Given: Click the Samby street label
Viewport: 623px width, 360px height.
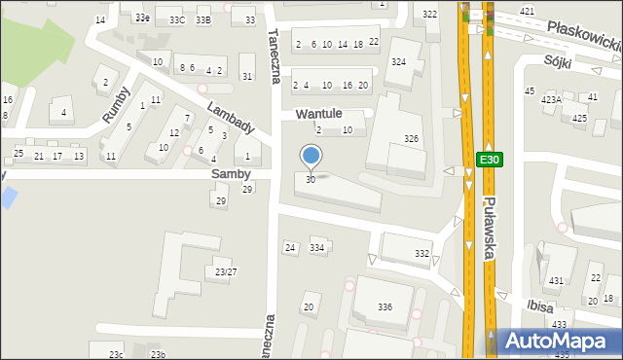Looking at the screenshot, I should click(x=231, y=173).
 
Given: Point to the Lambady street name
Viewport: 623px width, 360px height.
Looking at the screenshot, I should click(x=230, y=117).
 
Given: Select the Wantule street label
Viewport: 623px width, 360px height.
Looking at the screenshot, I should click(x=320, y=114).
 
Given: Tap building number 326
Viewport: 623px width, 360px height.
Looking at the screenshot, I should click(x=412, y=139).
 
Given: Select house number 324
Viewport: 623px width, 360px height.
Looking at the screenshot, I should click(x=398, y=61).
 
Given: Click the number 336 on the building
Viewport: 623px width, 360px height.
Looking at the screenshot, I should click(x=385, y=306).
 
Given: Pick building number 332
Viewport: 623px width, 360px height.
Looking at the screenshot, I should click(x=421, y=253).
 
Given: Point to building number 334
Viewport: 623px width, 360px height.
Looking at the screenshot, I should click(x=317, y=248).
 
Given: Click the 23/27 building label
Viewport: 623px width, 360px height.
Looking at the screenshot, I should click(x=226, y=271).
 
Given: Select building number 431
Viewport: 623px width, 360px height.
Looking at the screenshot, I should click(x=556, y=280).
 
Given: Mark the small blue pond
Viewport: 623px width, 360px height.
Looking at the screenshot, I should click(x=8, y=197).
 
